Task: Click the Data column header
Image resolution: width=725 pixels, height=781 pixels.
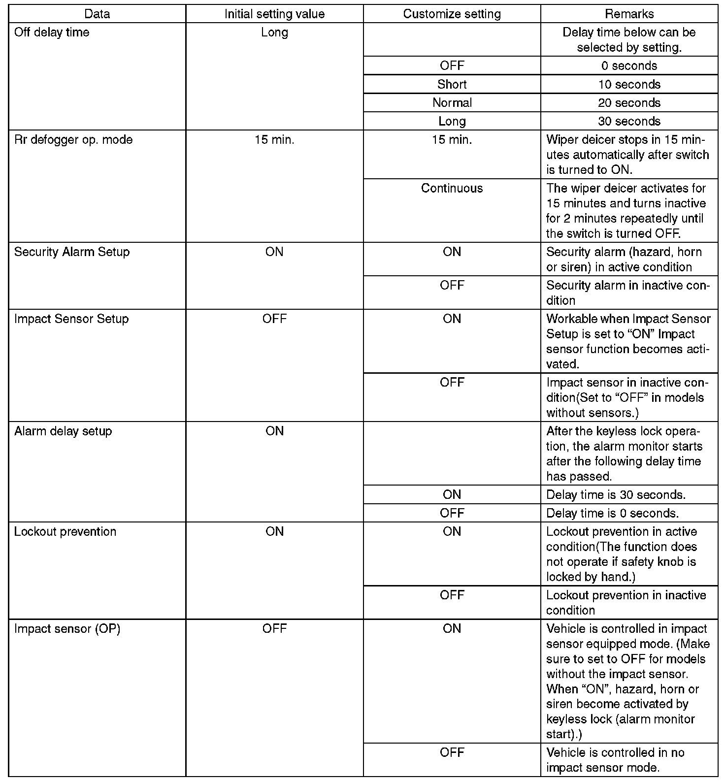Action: click(x=97, y=14)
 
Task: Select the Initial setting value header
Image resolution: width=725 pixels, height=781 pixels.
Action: click(x=274, y=14)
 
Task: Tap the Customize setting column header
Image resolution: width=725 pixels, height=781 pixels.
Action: click(x=452, y=14)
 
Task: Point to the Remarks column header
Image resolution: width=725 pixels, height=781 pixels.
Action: click(x=629, y=14)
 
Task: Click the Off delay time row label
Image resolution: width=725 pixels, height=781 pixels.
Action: click(x=52, y=33)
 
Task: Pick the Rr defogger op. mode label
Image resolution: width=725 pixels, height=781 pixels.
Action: click(x=73, y=140)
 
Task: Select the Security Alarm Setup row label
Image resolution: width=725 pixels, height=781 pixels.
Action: click(x=72, y=252)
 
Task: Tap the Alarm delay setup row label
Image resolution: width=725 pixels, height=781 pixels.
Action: click(x=63, y=431)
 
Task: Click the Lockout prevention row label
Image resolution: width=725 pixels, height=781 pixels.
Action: click(x=65, y=532)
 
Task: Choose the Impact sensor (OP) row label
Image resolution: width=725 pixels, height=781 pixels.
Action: click(x=67, y=629)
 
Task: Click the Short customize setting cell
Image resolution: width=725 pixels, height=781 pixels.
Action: click(x=452, y=84)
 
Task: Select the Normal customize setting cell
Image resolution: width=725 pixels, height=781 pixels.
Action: click(x=452, y=103)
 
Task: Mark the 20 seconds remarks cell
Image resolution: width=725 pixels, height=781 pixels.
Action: click(x=629, y=103)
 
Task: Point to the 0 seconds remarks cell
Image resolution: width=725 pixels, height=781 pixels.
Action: click(x=629, y=66)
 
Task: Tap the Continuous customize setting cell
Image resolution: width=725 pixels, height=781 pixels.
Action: click(x=452, y=188)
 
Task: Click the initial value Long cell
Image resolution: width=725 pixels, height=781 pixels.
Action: click(x=274, y=33)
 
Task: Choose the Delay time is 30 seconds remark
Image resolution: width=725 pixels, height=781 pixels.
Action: click(x=616, y=495)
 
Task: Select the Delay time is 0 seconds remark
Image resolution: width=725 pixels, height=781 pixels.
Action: click(x=612, y=513)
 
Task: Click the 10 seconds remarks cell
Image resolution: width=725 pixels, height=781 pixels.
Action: click(x=629, y=84)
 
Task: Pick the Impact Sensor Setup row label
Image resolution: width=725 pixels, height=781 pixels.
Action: click(x=71, y=319)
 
